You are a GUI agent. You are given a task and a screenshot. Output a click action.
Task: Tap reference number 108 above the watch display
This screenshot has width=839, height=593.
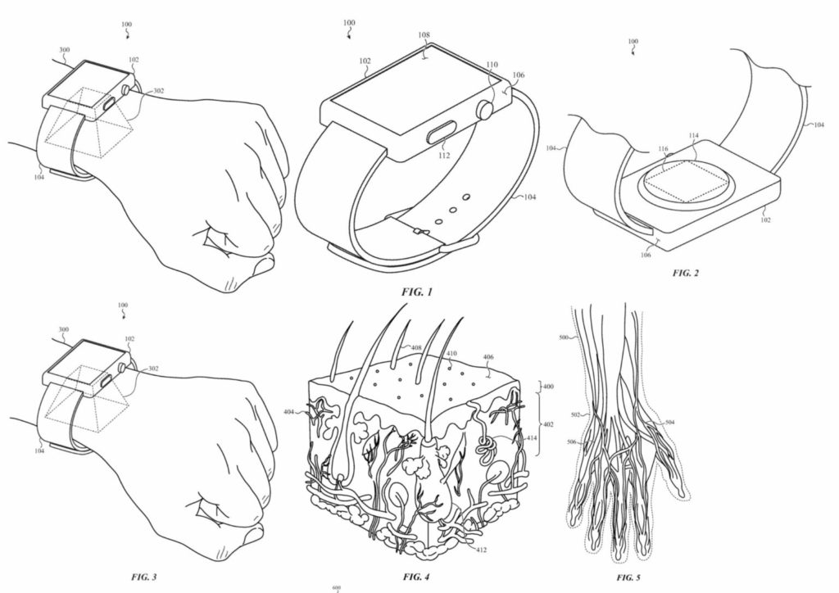[424, 36]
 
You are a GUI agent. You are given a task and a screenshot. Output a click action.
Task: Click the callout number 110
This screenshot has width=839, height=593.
[491, 64]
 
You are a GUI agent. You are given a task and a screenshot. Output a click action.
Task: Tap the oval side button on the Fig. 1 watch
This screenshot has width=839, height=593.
[444, 132]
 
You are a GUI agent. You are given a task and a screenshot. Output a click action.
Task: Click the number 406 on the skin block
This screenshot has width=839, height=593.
[488, 358]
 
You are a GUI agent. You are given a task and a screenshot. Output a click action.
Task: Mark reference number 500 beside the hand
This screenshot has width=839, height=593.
[563, 337]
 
